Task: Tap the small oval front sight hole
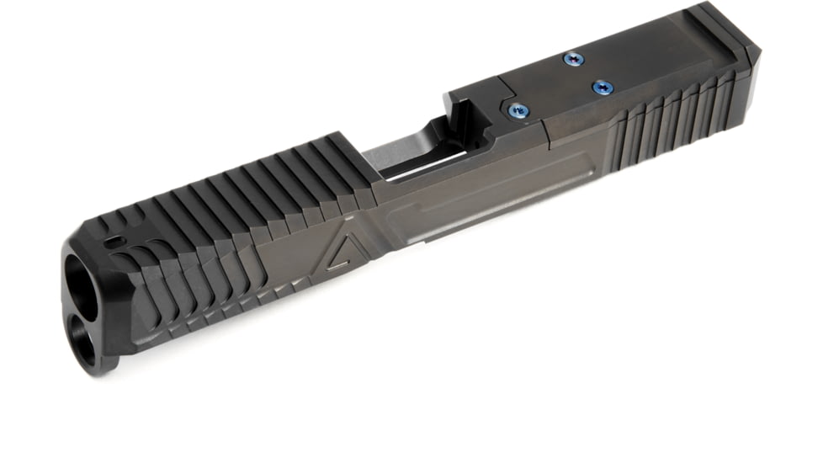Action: coord(113,240)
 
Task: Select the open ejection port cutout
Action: coord(421,152)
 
